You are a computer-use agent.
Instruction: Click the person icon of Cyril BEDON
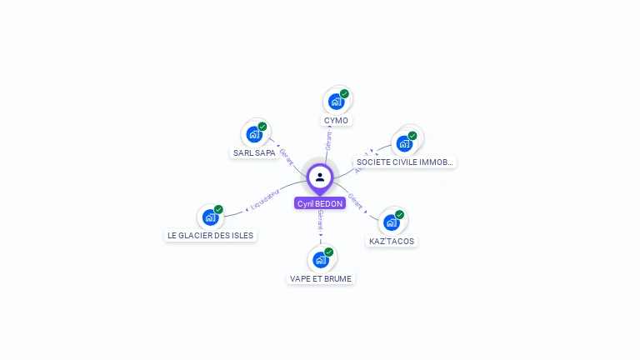coord(320,177)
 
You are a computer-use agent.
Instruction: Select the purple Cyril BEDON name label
coord(320,203)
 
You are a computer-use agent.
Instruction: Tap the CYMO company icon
coord(336,102)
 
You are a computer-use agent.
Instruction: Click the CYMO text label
coord(336,121)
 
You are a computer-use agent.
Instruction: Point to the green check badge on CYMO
coord(344,94)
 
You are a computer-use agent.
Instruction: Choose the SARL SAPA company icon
coord(254,134)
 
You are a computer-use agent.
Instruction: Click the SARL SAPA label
coord(254,153)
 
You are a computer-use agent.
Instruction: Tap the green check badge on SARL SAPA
coord(262,127)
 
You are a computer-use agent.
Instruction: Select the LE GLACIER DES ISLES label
coord(210,236)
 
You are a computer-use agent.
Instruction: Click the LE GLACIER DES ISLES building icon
coord(210,217)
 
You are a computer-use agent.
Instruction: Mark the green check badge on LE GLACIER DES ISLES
coord(218,210)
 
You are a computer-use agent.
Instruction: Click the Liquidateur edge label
coord(264,200)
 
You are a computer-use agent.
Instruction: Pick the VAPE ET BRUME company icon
coord(320,259)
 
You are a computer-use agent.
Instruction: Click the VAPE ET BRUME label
coord(321,279)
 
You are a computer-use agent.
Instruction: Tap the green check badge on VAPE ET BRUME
coord(328,252)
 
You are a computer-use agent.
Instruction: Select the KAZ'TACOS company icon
coord(391,222)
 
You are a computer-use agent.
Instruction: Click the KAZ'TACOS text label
coord(392,242)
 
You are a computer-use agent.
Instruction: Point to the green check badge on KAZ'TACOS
coord(399,215)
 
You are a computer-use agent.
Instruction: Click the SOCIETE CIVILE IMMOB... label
coord(405,162)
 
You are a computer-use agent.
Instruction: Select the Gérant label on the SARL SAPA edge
coord(287,157)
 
